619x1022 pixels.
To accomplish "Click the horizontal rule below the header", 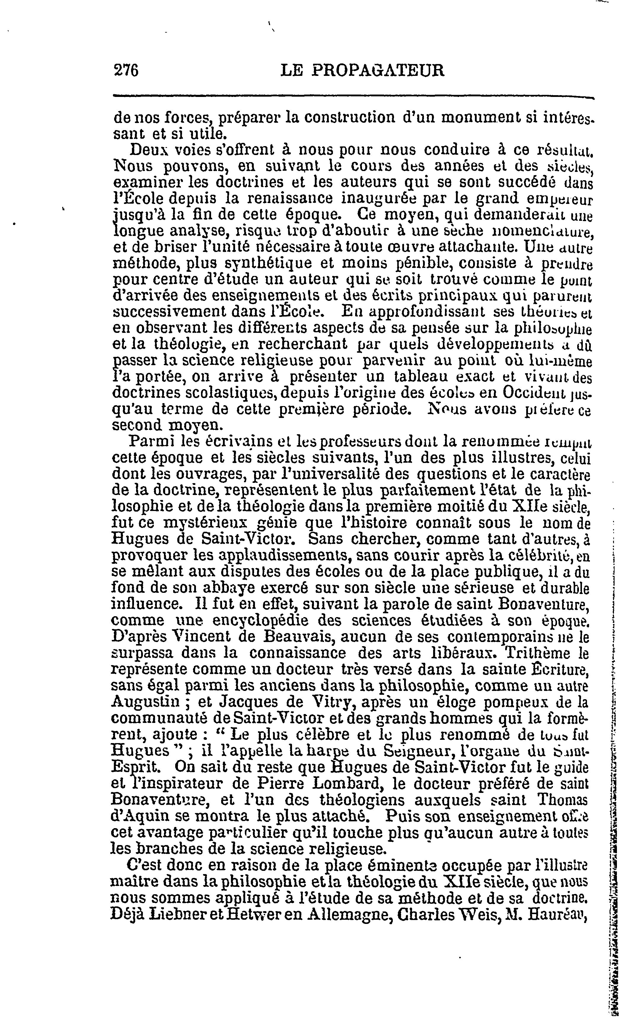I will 353,97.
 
